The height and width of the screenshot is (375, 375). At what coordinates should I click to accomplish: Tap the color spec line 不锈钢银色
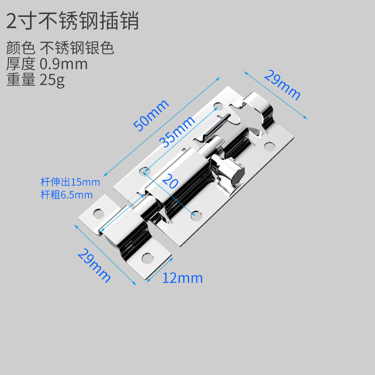tap(77, 48)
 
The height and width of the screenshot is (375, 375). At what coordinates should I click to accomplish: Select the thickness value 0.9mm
tap(64, 64)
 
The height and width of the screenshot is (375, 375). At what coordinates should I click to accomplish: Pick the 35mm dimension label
tap(176, 131)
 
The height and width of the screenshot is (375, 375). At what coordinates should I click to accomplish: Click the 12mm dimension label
tap(182, 278)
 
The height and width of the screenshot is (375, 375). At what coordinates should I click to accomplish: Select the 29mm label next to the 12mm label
tap(94, 265)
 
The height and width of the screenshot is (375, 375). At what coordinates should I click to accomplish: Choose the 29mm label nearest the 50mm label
tap(282, 84)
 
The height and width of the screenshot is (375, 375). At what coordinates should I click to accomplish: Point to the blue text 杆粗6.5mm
tap(66, 195)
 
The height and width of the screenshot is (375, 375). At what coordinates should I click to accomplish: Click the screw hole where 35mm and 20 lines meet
tap(146, 170)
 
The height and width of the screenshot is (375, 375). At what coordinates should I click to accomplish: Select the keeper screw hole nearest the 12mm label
tap(147, 257)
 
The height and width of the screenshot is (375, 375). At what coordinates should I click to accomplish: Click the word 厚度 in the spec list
tap(21, 64)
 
